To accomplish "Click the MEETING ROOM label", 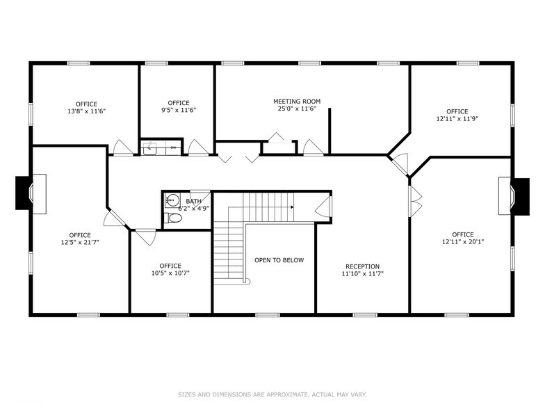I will coord(297,101).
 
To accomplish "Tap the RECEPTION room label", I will coord(362,266).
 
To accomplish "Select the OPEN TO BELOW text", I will coord(279,260).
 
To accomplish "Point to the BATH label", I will coord(193,201).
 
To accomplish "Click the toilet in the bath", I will coord(174,218).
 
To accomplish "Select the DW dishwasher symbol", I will coord(172,147).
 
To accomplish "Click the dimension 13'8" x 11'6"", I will coord(87,111).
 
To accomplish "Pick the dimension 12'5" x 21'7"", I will coord(79,243).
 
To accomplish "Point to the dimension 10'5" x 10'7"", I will coord(170,273).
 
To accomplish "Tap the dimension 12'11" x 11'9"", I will coord(457,119).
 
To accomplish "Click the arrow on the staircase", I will coord(291,207).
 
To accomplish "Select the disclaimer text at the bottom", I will coord(272,394).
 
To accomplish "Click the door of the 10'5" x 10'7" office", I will coord(145,236).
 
